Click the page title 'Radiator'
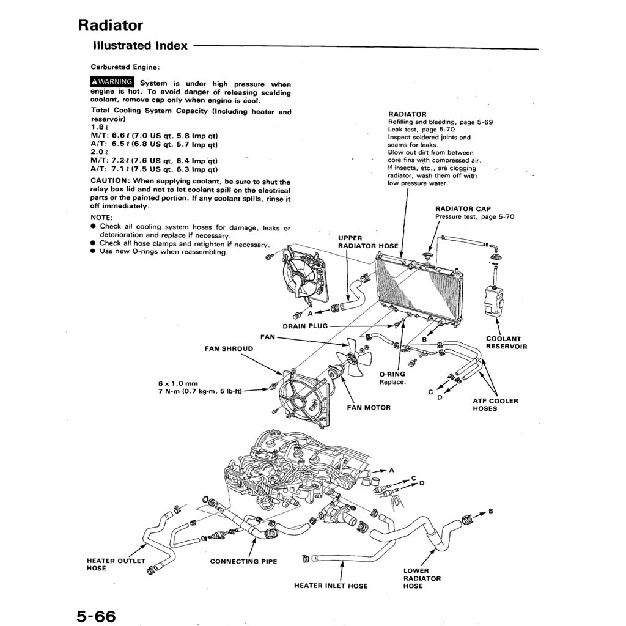click(x=110, y=25)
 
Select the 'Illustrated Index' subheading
click(x=140, y=45)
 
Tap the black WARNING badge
click(x=112, y=82)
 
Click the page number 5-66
click(x=96, y=614)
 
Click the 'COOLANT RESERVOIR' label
click(x=506, y=342)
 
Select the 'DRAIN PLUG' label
click(x=305, y=326)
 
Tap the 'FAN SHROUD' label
click(x=229, y=348)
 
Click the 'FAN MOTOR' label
click(x=369, y=407)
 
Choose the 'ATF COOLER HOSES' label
click(x=495, y=405)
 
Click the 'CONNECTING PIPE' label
click(x=243, y=561)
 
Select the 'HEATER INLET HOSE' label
click(x=331, y=586)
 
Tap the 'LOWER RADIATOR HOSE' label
click(x=422, y=578)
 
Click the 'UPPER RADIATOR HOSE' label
click(x=368, y=241)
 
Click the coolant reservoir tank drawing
click(x=493, y=301)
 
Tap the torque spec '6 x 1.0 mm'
click(x=178, y=384)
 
